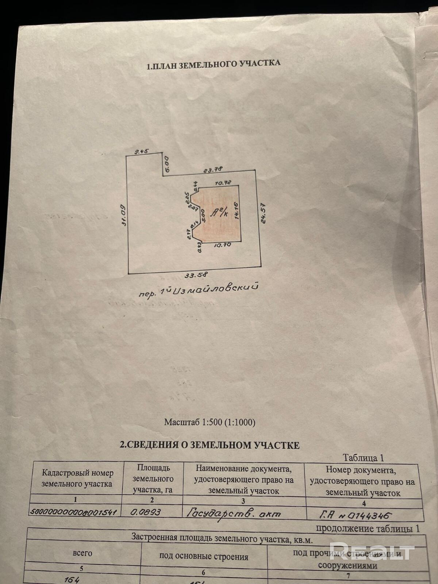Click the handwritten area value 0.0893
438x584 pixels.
click(x=146, y=512)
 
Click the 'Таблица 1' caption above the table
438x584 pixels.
click(x=363, y=458)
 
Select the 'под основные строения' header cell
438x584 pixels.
click(x=204, y=557)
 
